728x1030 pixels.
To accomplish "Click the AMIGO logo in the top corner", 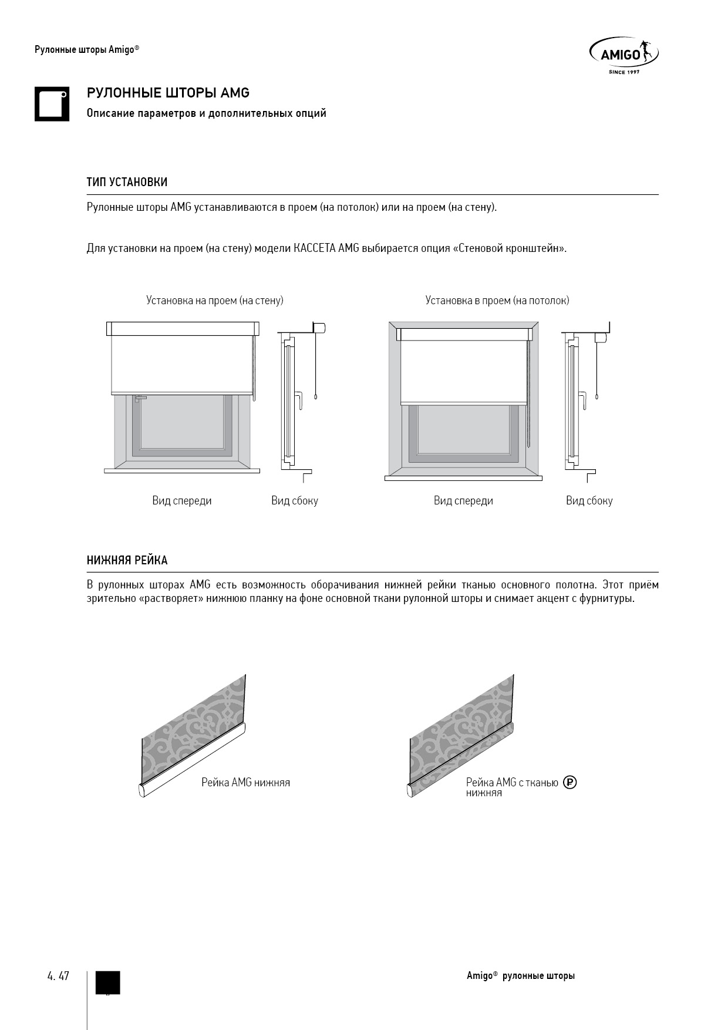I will (623, 55).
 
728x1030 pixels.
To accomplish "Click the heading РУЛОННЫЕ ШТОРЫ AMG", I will (168, 93).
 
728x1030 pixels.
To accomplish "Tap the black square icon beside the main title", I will (52, 104).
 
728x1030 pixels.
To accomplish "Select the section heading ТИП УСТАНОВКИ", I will (127, 182).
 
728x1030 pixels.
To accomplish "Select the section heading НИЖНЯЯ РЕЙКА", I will (127, 560).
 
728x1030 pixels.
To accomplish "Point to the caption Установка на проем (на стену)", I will (214, 300).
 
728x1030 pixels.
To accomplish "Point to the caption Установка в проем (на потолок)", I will (497, 300).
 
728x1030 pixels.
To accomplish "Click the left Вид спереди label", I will (181, 500).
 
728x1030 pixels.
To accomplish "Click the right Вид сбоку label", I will (589, 500).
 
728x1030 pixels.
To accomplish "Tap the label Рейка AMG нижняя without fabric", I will (245, 782).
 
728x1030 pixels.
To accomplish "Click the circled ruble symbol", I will (569, 782).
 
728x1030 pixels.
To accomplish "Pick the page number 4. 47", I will (58, 976).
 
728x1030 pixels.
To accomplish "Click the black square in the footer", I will (107, 982).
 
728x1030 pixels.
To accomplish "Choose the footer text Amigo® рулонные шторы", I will (520, 975).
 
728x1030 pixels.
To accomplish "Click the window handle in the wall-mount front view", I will (139, 398).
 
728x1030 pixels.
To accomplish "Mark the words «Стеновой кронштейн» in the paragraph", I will (509, 248).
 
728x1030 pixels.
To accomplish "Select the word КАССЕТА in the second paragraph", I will (314, 248).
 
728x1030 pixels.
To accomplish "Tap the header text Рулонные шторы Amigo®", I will (86, 49).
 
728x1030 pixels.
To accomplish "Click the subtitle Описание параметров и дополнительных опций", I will (206, 113).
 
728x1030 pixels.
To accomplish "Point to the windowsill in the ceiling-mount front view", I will (463, 478).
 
